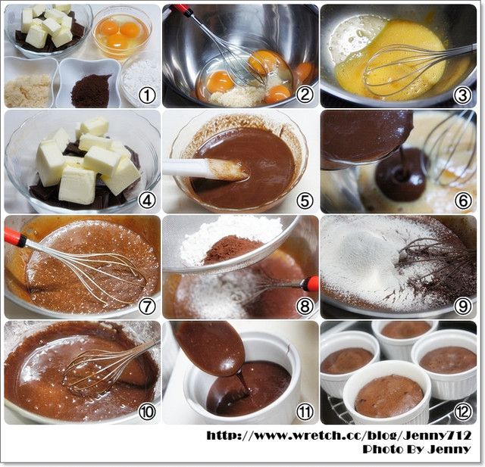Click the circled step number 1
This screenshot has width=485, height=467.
tap(146, 95)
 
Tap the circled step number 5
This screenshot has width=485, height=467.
tap(305, 201)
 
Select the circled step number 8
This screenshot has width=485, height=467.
tap(305, 307)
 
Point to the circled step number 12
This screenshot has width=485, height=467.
tap(463, 412)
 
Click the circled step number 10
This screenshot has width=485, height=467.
tap(146, 412)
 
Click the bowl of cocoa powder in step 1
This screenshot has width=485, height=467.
tap(89, 83)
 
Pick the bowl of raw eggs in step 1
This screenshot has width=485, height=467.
tap(123, 32)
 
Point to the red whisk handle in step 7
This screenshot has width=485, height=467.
tap(15, 237)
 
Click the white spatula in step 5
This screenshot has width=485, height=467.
tap(205, 170)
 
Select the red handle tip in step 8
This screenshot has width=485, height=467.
tap(312, 284)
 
